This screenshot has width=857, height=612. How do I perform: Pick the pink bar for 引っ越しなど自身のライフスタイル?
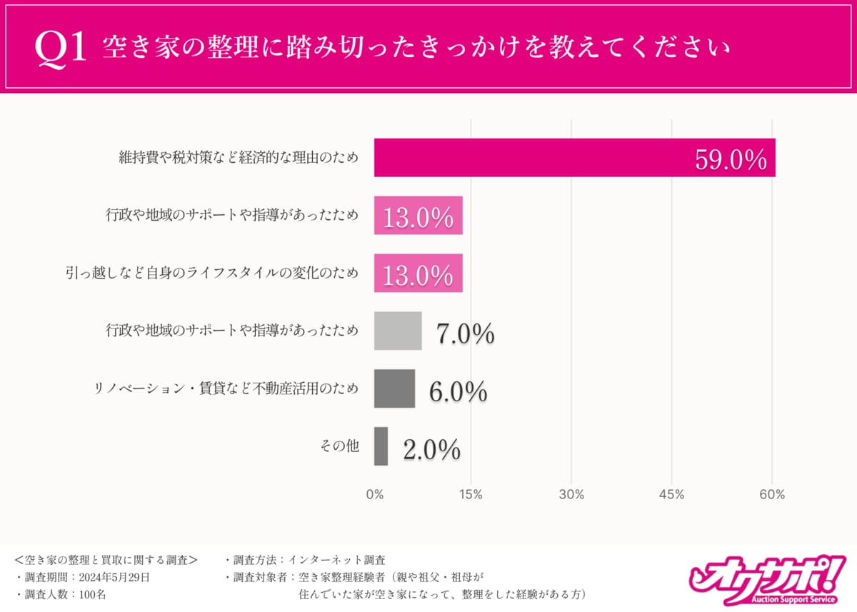pyautogui.click(x=418, y=274)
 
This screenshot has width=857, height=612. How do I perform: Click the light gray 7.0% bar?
pyautogui.click(x=398, y=331)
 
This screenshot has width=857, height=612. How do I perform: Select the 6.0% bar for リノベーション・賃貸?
pyautogui.click(x=394, y=389)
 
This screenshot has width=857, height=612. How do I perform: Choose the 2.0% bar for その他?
pyautogui.click(x=381, y=447)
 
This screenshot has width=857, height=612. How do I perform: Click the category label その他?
pyautogui.click(x=339, y=447)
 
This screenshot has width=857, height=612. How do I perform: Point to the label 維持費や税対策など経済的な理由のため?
pyautogui.click(x=238, y=158)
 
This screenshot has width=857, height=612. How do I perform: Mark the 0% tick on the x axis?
pyautogui.click(x=374, y=494)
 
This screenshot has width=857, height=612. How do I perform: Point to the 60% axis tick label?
pyautogui.click(x=772, y=494)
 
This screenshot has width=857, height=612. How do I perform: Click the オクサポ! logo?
pyautogui.click(x=764, y=578)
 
